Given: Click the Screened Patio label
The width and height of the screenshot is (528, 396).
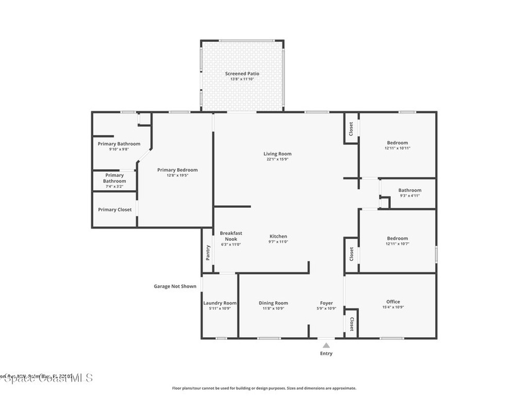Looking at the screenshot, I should point(242,74).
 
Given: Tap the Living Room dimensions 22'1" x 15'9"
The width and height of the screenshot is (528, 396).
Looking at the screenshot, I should point(277,160).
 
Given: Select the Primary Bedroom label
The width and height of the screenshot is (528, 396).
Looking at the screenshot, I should point(177,170).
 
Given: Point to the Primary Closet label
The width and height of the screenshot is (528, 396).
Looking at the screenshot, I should point(114,210).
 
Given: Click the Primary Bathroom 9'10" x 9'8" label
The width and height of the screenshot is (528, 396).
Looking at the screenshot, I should point(119,144).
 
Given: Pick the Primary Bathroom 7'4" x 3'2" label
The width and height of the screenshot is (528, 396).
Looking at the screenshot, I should point(114,178).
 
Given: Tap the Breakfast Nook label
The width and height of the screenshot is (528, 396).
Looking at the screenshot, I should point(230,236).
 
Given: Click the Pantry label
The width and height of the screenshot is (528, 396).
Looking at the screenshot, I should point(208,252).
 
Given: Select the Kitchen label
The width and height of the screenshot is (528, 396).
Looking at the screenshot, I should point(277,236).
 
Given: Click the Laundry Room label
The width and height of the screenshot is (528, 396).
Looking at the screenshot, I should point(220,303).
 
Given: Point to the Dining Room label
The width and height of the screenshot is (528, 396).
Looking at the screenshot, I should point(273,303).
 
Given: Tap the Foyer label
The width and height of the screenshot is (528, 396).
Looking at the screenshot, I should point(326,303).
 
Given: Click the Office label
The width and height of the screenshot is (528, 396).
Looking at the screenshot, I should point(393,302).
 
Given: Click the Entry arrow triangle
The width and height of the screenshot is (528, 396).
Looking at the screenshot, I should point(326,345).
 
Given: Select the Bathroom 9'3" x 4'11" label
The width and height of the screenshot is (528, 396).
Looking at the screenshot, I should point(409,190).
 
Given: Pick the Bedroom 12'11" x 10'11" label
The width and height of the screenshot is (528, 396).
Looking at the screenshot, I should point(397,143).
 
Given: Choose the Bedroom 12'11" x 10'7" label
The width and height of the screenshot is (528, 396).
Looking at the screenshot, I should point(397,238).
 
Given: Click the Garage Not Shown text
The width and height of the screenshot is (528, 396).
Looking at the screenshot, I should point(175,286).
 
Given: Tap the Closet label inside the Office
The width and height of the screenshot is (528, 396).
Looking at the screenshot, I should point(352,324).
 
